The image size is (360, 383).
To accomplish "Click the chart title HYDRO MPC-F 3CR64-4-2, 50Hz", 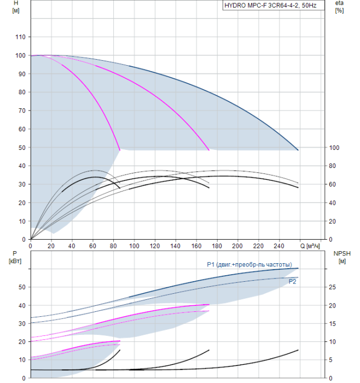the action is [270, 5].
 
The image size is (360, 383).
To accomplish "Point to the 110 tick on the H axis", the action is [20, 37].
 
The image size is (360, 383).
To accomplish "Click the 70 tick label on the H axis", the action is [22, 111].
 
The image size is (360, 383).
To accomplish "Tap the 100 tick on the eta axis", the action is [334, 148].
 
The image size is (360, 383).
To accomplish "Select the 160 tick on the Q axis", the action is [196, 246].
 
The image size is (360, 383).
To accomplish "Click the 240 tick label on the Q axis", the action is [279, 246].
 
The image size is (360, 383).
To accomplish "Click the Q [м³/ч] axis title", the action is [310, 246].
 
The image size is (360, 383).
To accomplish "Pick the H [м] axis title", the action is [16, 7].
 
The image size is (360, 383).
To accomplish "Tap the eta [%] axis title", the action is [340, 7].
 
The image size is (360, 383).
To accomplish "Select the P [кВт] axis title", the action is [15, 258].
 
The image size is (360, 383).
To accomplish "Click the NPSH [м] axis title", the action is [342, 258].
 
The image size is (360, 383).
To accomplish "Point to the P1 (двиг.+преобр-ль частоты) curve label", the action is [249, 264].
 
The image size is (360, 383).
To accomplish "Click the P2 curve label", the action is [292, 282].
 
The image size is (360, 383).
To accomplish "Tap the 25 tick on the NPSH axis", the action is [332, 287].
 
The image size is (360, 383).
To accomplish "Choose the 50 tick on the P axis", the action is [22, 287].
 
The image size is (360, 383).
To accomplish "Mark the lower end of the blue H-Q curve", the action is [298, 150].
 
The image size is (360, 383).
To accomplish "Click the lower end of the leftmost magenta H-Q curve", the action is [120, 150].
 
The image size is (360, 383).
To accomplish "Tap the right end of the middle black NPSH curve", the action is [209, 350].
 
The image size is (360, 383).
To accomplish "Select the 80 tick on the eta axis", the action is [332, 166].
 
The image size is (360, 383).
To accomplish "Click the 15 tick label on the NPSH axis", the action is [332, 324].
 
